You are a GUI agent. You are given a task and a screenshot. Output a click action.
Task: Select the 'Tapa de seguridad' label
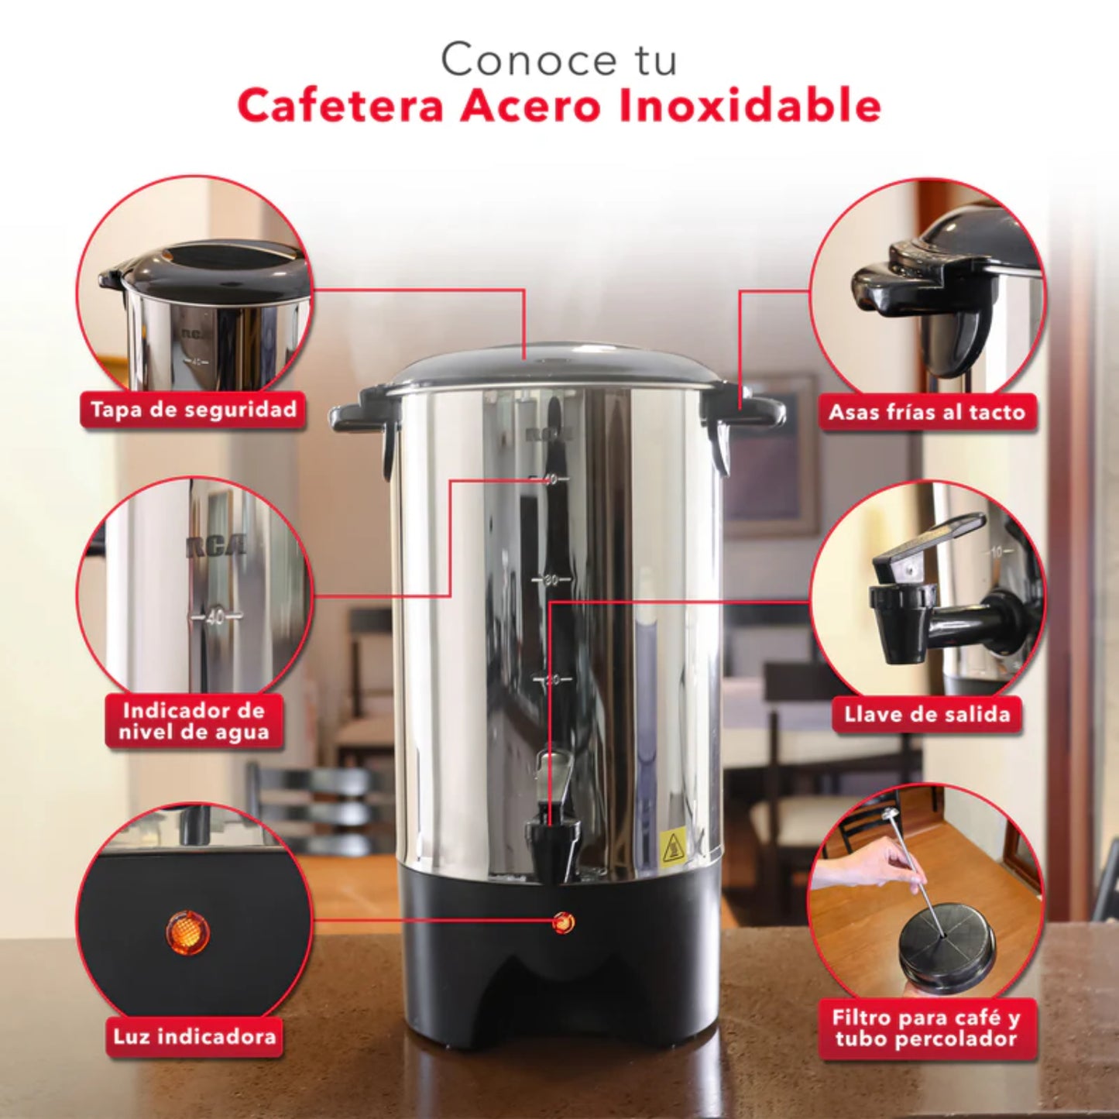pyautogui.click(x=194, y=410)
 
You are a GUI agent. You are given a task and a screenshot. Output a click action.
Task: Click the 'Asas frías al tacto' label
pyautogui.click(x=927, y=412)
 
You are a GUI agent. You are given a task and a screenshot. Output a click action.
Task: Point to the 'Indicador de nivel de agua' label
pyautogui.click(x=194, y=722)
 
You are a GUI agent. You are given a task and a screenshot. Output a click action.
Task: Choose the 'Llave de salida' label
pyautogui.click(x=927, y=714)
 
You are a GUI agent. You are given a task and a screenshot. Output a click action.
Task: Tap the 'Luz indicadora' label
pyautogui.click(x=194, y=1037)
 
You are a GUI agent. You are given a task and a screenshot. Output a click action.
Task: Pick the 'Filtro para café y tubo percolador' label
pyautogui.click(x=926, y=1028)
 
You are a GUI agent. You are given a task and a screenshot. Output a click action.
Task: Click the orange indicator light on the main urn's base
pyautogui.click(x=563, y=922)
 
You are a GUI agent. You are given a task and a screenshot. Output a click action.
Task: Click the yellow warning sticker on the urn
pyautogui.click(x=674, y=847)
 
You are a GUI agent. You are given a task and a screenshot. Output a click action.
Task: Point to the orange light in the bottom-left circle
pyautogui.click(x=187, y=932)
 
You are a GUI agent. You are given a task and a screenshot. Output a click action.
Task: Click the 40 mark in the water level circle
pyautogui.click(x=215, y=616)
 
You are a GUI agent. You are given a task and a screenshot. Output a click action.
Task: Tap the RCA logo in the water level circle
pyautogui.click(x=216, y=546)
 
